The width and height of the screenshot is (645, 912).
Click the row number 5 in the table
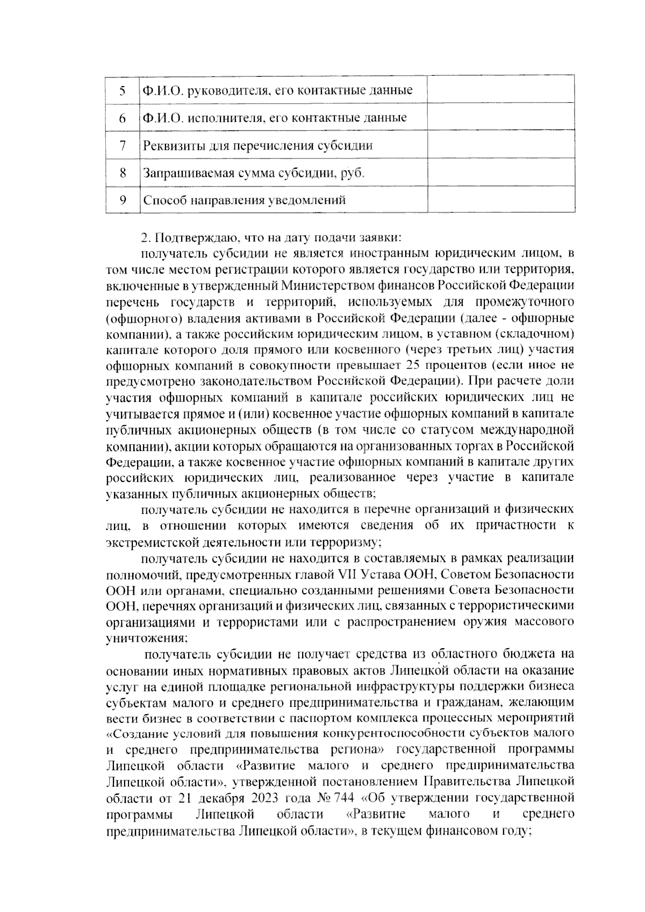(123, 90)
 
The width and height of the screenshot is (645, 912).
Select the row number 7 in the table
(123, 146)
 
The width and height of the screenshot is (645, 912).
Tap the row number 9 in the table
(123, 200)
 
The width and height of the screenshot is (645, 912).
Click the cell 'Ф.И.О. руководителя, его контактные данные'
(277, 90)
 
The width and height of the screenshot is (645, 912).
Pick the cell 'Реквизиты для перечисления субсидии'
(257, 146)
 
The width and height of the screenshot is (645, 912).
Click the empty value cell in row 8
(501, 173)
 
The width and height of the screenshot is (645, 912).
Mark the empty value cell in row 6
(501, 118)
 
